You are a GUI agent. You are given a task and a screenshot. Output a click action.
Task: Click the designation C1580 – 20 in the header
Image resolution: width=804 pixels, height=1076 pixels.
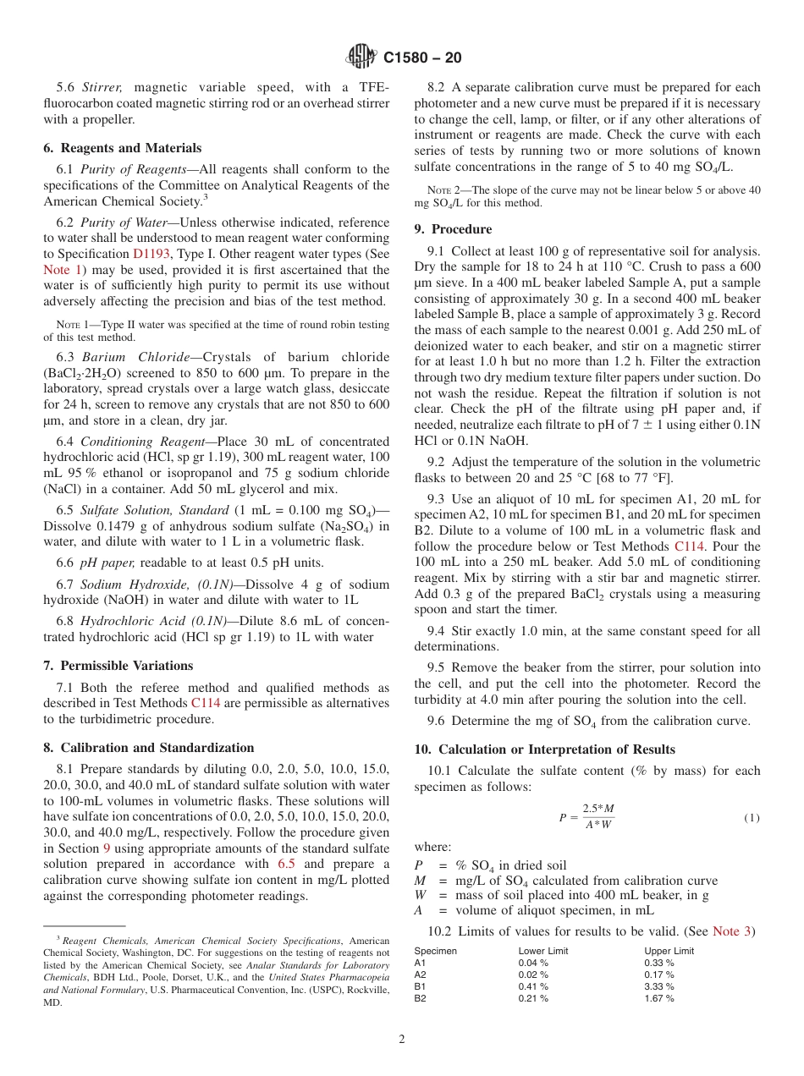point(422,58)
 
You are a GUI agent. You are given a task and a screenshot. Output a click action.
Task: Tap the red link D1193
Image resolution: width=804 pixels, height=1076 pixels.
point(150,254)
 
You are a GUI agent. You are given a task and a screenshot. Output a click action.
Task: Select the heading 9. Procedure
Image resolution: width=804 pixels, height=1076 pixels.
point(453,228)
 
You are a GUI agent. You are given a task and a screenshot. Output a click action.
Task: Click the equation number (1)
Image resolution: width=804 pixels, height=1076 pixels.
point(752,817)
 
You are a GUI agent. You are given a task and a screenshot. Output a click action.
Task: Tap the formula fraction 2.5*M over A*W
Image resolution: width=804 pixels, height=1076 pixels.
point(597,817)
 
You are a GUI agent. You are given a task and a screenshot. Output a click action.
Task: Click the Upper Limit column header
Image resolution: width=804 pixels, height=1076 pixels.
point(669,951)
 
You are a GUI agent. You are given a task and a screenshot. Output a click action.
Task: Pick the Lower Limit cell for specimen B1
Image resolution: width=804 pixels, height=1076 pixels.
point(533,986)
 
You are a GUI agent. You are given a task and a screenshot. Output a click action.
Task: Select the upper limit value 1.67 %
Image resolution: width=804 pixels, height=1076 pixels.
point(659,998)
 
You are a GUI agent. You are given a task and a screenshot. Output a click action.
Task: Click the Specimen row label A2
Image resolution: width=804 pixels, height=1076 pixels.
point(421,974)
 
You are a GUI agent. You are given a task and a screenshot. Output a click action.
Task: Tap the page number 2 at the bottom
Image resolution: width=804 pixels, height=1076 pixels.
point(402,1040)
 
